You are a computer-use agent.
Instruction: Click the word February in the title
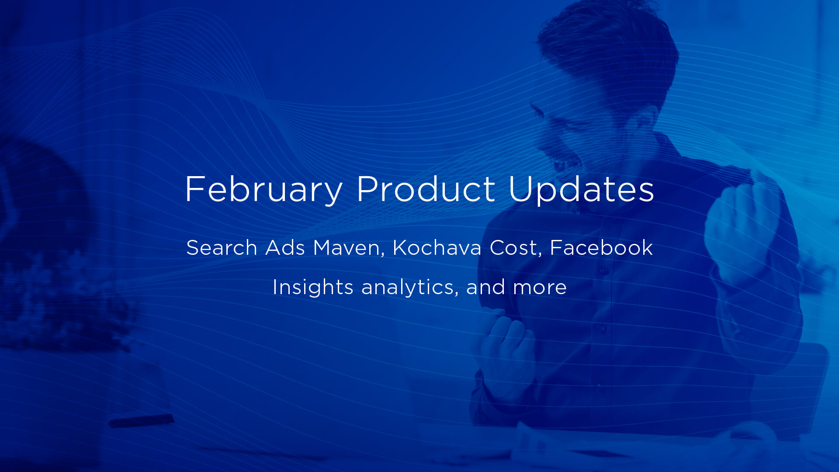(263, 189)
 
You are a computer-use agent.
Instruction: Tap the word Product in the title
(426, 189)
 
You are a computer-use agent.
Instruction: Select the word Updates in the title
(581, 189)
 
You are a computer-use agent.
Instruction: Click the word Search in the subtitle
(222, 248)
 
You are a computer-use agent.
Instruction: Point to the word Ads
(285, 248)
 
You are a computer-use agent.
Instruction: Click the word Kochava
(437, 248)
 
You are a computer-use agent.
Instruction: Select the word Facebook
(601, 248)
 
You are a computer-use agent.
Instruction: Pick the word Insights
(312, 287)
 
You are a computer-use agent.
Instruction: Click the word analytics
(409, 287)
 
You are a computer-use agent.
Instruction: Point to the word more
(540, 287)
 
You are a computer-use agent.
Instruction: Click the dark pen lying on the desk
(141, 421)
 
